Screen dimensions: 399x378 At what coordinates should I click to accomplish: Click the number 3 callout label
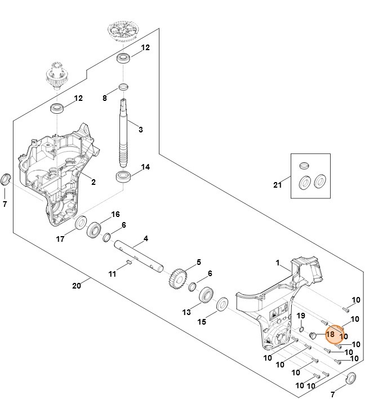[140, 130]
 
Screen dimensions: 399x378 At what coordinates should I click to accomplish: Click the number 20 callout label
[77, 286]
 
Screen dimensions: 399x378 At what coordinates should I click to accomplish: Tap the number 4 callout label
[145, 240]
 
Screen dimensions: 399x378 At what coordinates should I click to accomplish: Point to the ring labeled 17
[80, 223]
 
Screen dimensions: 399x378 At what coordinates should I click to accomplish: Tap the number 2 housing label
[94, 182]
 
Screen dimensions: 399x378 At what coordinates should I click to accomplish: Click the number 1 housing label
[278, 263]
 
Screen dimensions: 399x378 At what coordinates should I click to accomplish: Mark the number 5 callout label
[198, 262]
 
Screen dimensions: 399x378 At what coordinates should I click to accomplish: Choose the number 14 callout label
[145, 167]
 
